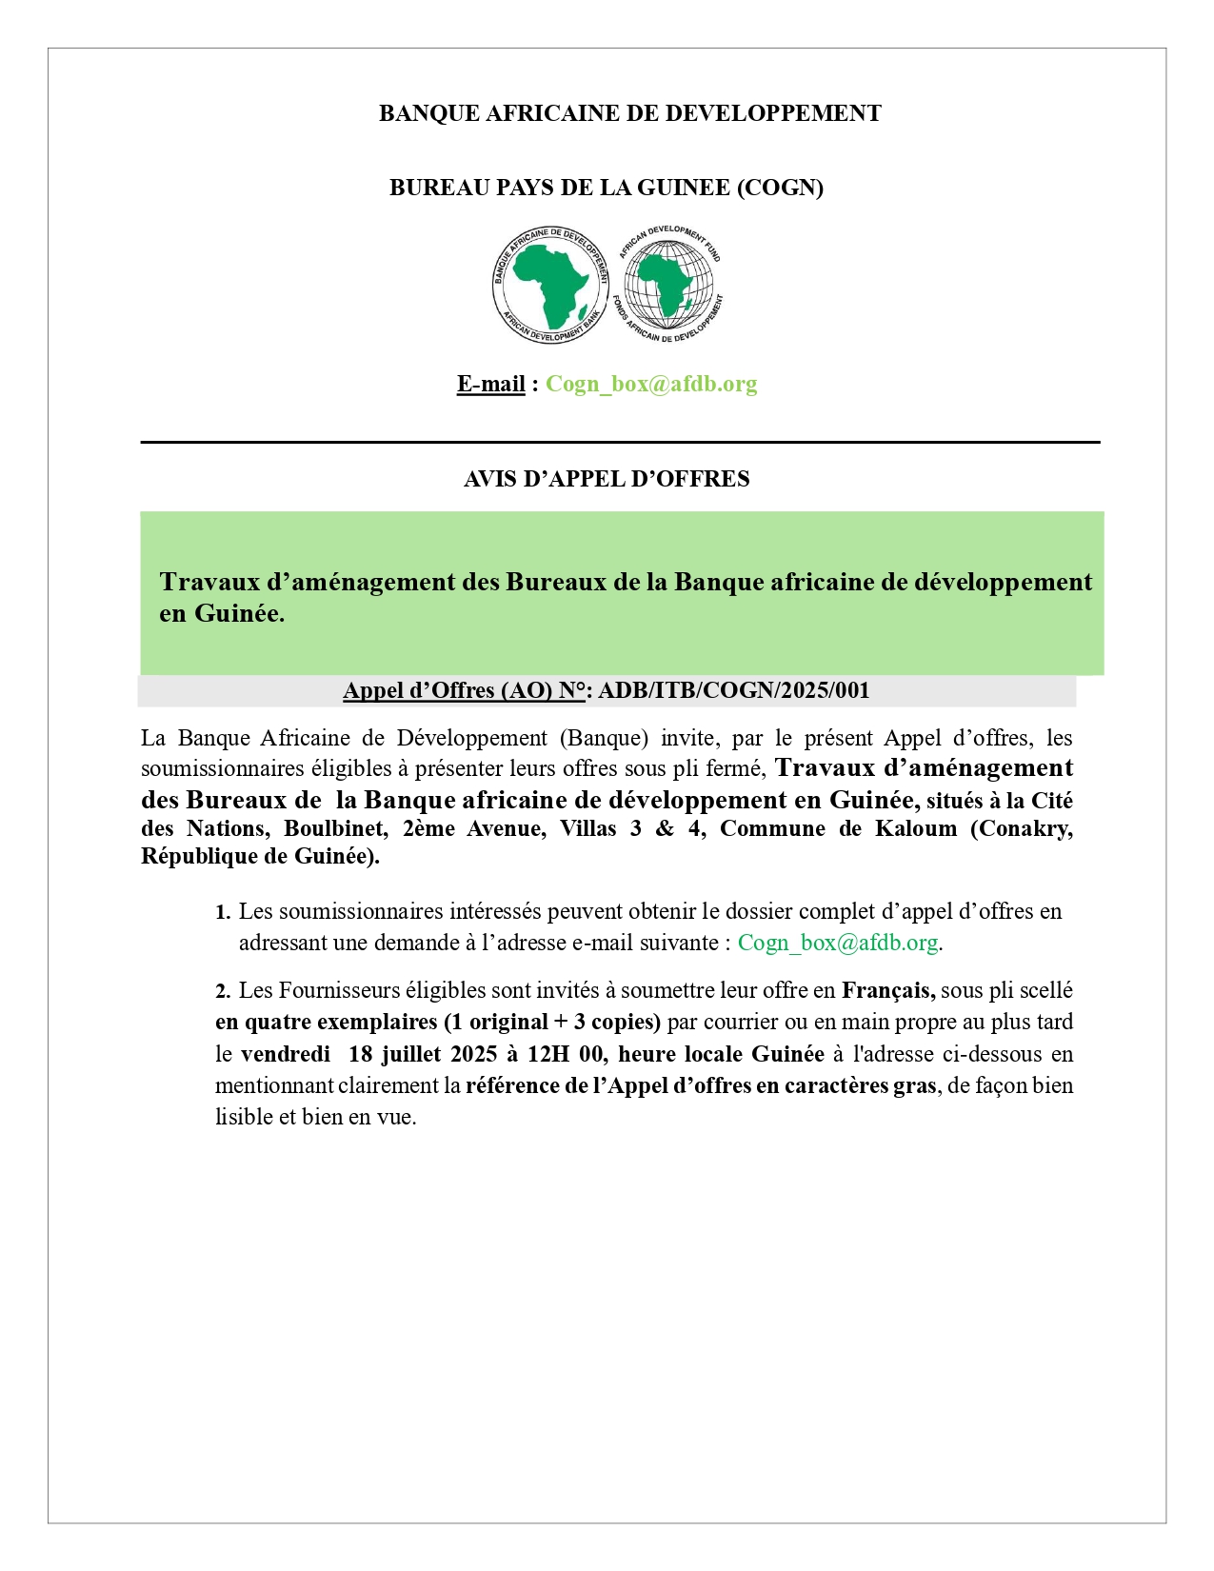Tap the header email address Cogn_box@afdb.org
click(651, 384)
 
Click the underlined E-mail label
click(490, 384)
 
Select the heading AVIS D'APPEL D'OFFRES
click(607, 479)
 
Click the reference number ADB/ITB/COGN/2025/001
click(734, 690)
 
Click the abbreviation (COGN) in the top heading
click(780, 188)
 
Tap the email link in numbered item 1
click(838, 943)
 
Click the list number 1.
click(222, 912)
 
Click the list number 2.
click(222, 991)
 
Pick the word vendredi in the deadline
click(286, 1054)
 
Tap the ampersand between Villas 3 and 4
click(665, 828)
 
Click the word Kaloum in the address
click(915, 828)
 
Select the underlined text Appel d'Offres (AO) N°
click(464, 690)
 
